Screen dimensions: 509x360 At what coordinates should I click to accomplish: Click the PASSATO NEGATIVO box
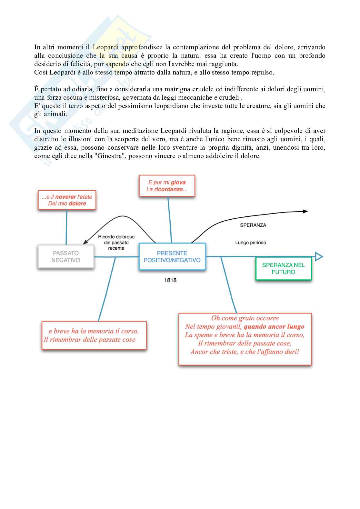click(66, 257)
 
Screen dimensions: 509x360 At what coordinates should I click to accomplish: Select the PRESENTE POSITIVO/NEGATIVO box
click(172, 257)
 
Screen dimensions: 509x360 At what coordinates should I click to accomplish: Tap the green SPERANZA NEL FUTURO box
click(283, 268)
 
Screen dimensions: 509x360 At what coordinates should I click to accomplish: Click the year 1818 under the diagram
click(170, 280)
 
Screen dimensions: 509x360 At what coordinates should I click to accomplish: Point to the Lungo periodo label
click(251, 243)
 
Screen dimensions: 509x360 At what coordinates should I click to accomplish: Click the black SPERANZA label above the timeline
click(253, 225)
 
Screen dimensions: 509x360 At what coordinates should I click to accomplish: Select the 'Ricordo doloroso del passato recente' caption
click(116, 242)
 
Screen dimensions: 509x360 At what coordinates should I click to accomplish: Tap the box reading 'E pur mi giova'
click(167, 186)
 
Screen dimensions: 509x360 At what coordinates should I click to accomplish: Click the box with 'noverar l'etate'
click(67, 200)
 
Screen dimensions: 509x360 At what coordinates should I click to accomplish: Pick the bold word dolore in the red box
click(77, 204)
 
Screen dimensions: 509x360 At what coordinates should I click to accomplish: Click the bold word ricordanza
click(168, 189)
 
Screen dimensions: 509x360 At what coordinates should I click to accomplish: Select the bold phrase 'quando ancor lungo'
click(274, 326)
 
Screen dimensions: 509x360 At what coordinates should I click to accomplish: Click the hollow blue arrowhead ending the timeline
click(318, 257)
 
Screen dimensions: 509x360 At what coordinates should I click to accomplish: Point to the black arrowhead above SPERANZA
click(305, 211)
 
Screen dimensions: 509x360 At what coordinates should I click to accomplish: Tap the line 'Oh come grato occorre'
click(245, 318)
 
